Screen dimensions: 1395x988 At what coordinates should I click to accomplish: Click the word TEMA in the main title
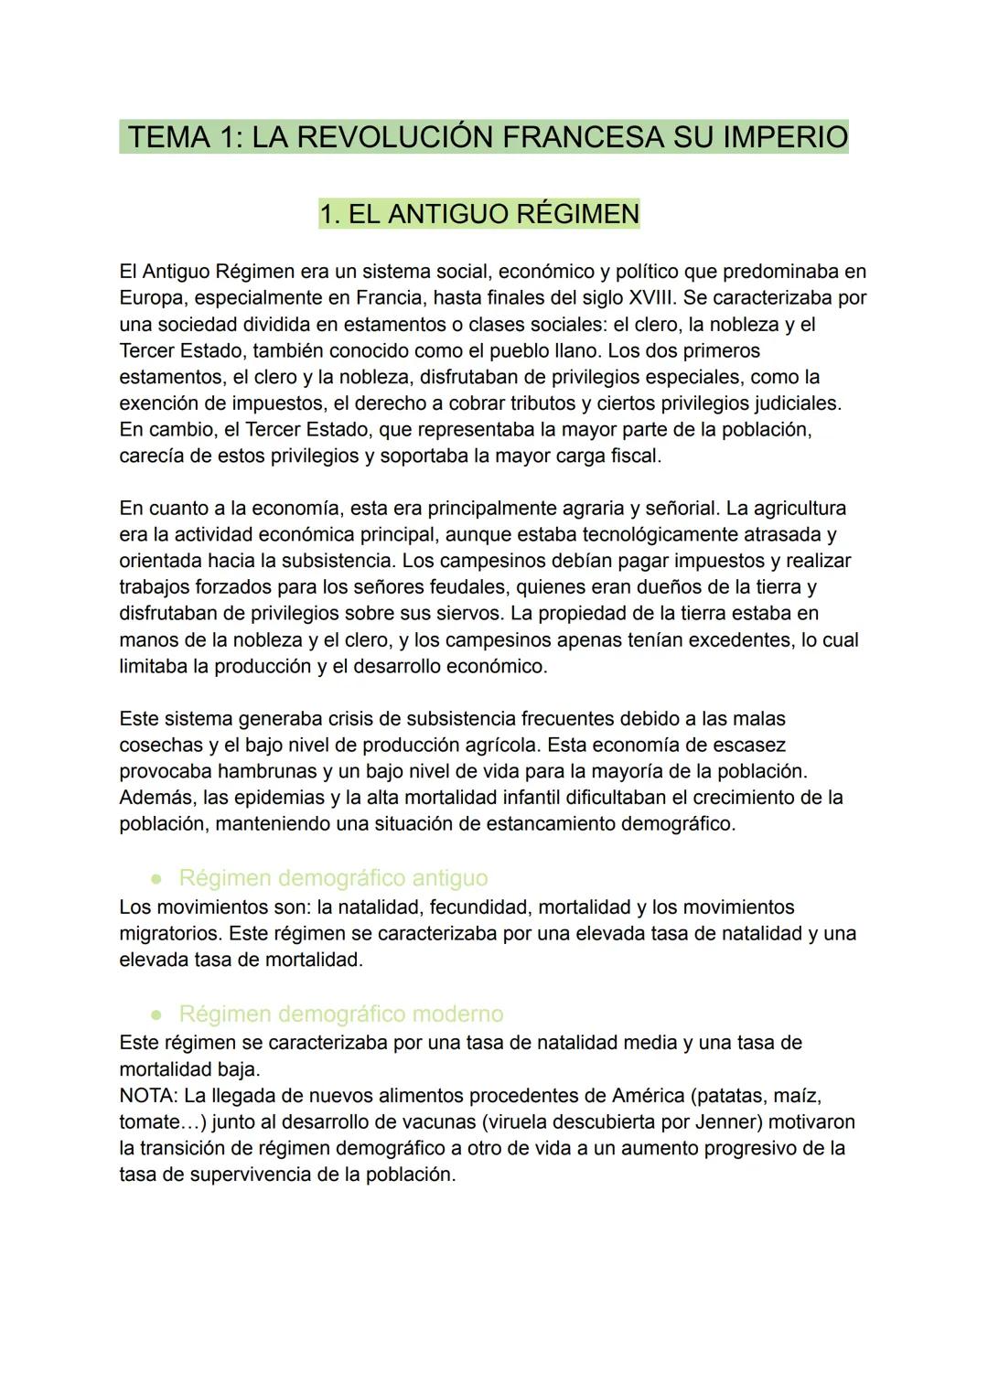pos(170,137)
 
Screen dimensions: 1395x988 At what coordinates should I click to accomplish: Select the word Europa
pos(151,298)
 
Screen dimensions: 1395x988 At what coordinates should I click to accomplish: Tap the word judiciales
pos(794,403)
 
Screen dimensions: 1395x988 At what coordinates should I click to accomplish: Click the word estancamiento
pos(550,824)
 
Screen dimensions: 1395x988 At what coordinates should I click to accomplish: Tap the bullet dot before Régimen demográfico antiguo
pos(157,878)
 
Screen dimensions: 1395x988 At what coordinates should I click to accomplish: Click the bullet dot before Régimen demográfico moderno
pos(157,1014)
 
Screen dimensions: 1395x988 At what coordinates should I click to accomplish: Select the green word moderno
pos(457,1014)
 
